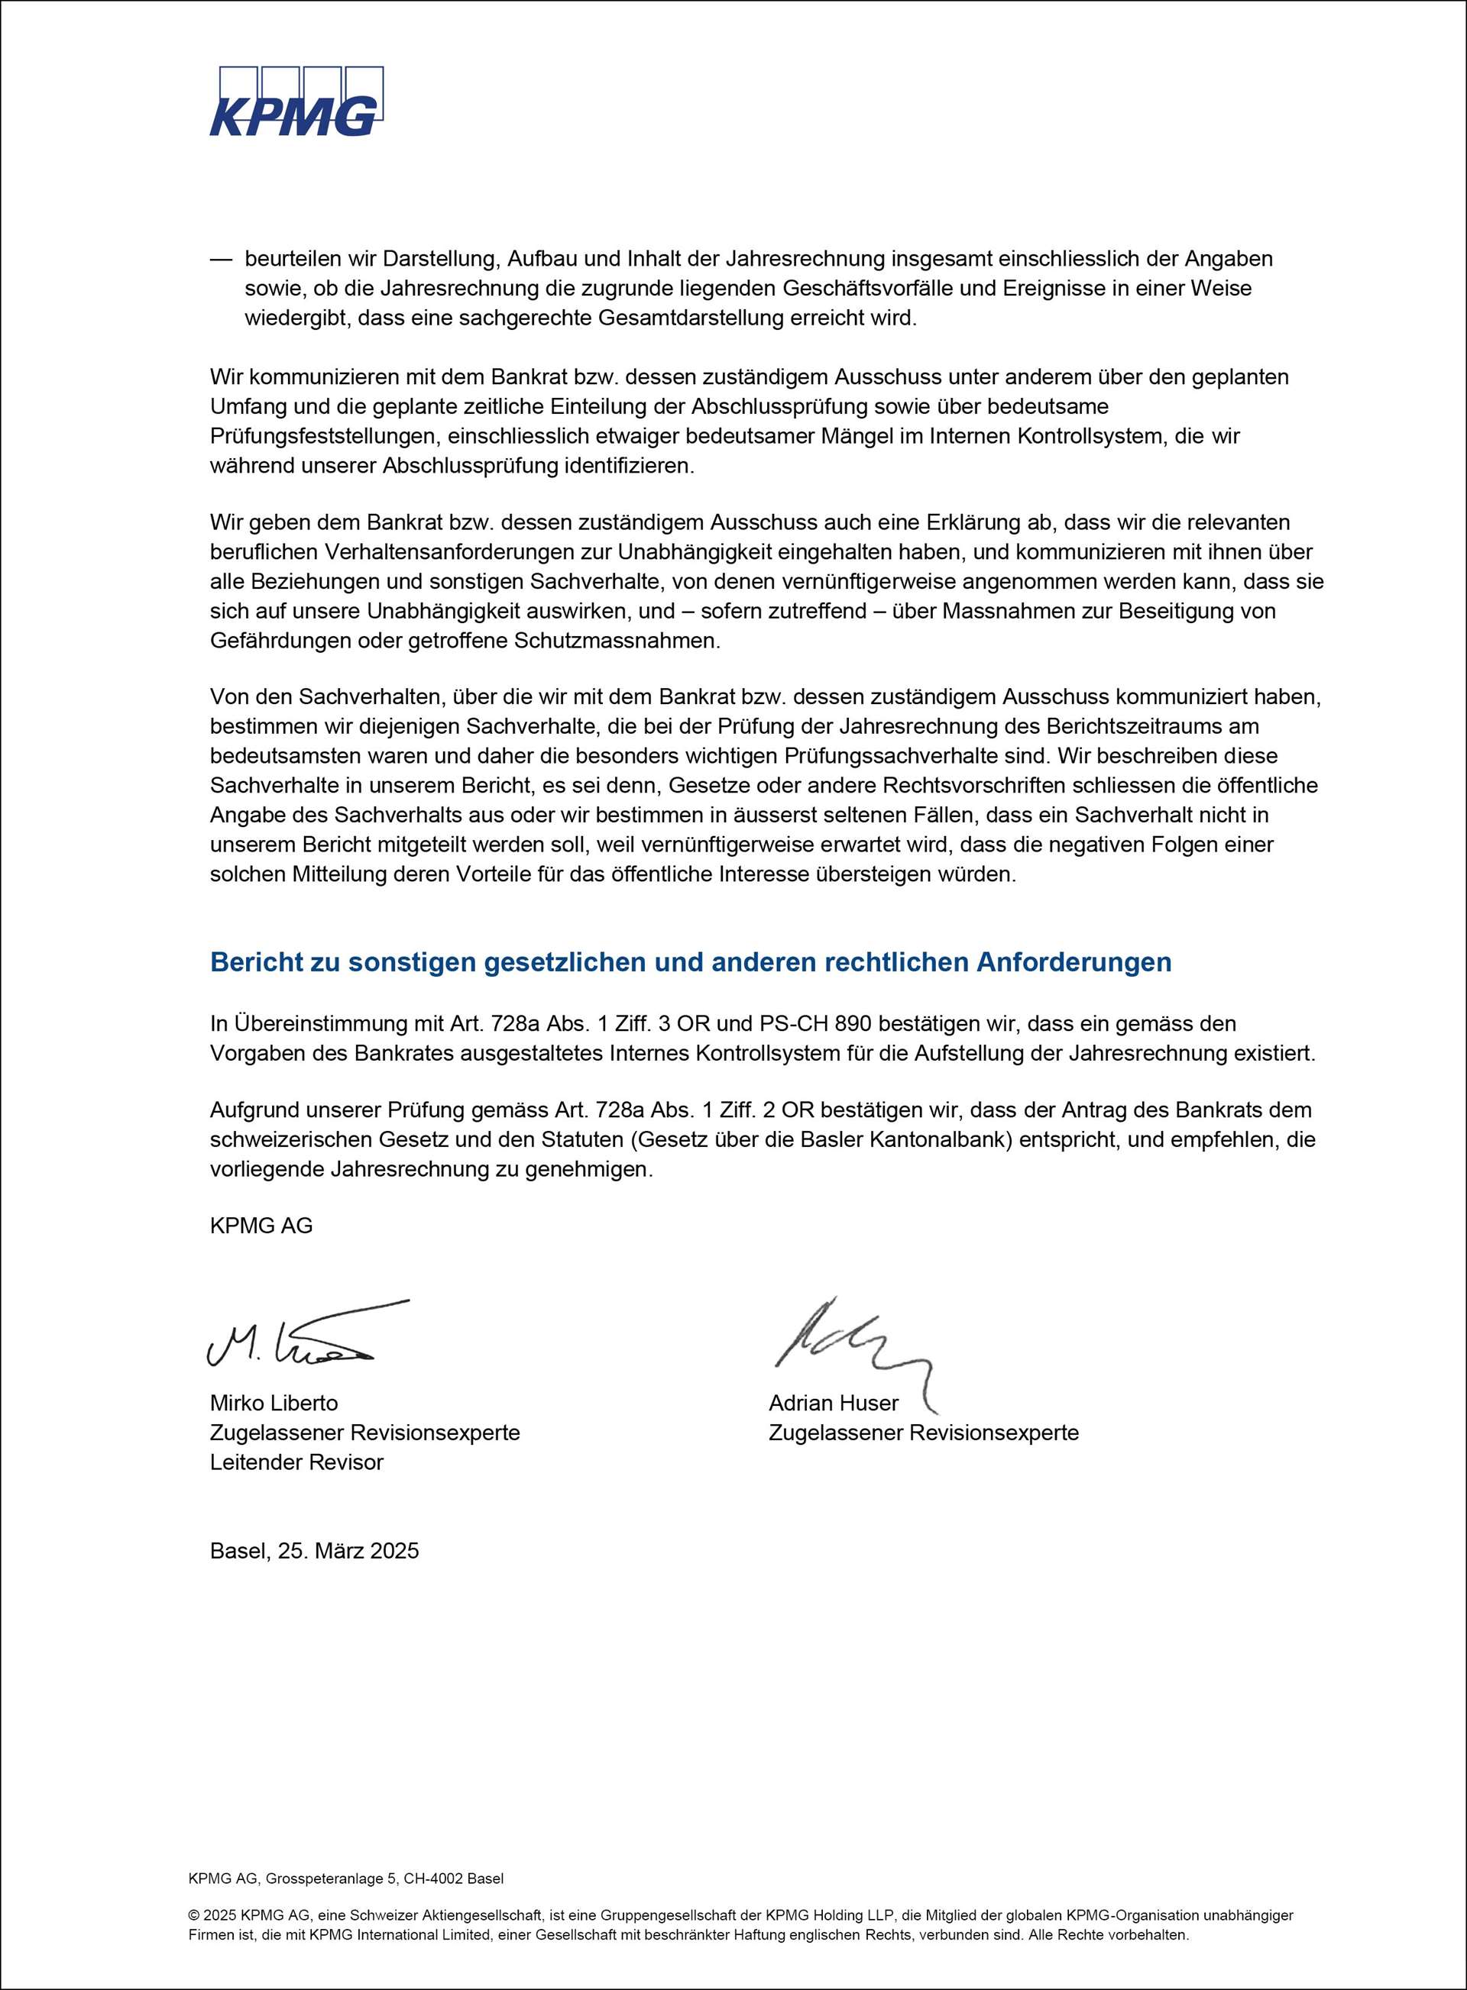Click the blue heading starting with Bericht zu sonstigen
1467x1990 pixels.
click(690, 962)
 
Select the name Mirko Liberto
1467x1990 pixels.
click(274, 1404)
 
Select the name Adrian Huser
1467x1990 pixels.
click(833, 1404)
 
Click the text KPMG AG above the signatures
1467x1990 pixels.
click(261, 1226)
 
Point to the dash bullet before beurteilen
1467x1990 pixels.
click(219, 259)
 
